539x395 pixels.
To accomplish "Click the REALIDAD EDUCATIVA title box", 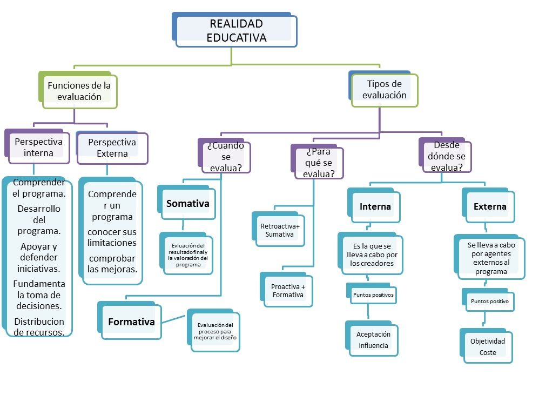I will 236,31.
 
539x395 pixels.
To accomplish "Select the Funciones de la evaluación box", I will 79,91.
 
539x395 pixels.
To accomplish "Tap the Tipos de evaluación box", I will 384,90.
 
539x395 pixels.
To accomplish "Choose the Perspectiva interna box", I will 38,147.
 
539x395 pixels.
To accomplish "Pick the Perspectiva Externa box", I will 112,148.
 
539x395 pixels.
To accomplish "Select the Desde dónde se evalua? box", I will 446,156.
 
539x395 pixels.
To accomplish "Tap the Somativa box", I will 187,204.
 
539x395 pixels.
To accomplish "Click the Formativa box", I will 131,322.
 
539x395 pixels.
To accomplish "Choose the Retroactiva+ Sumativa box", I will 280,230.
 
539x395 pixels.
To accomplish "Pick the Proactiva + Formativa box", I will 288,291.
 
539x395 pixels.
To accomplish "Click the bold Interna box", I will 375,206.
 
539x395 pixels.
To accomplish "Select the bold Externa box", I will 490,206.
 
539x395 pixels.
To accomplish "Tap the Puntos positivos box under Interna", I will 373,295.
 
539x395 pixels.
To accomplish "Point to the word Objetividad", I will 487,341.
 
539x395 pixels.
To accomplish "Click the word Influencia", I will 373,345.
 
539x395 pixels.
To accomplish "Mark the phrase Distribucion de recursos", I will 39,327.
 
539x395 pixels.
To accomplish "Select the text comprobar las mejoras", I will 112,263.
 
